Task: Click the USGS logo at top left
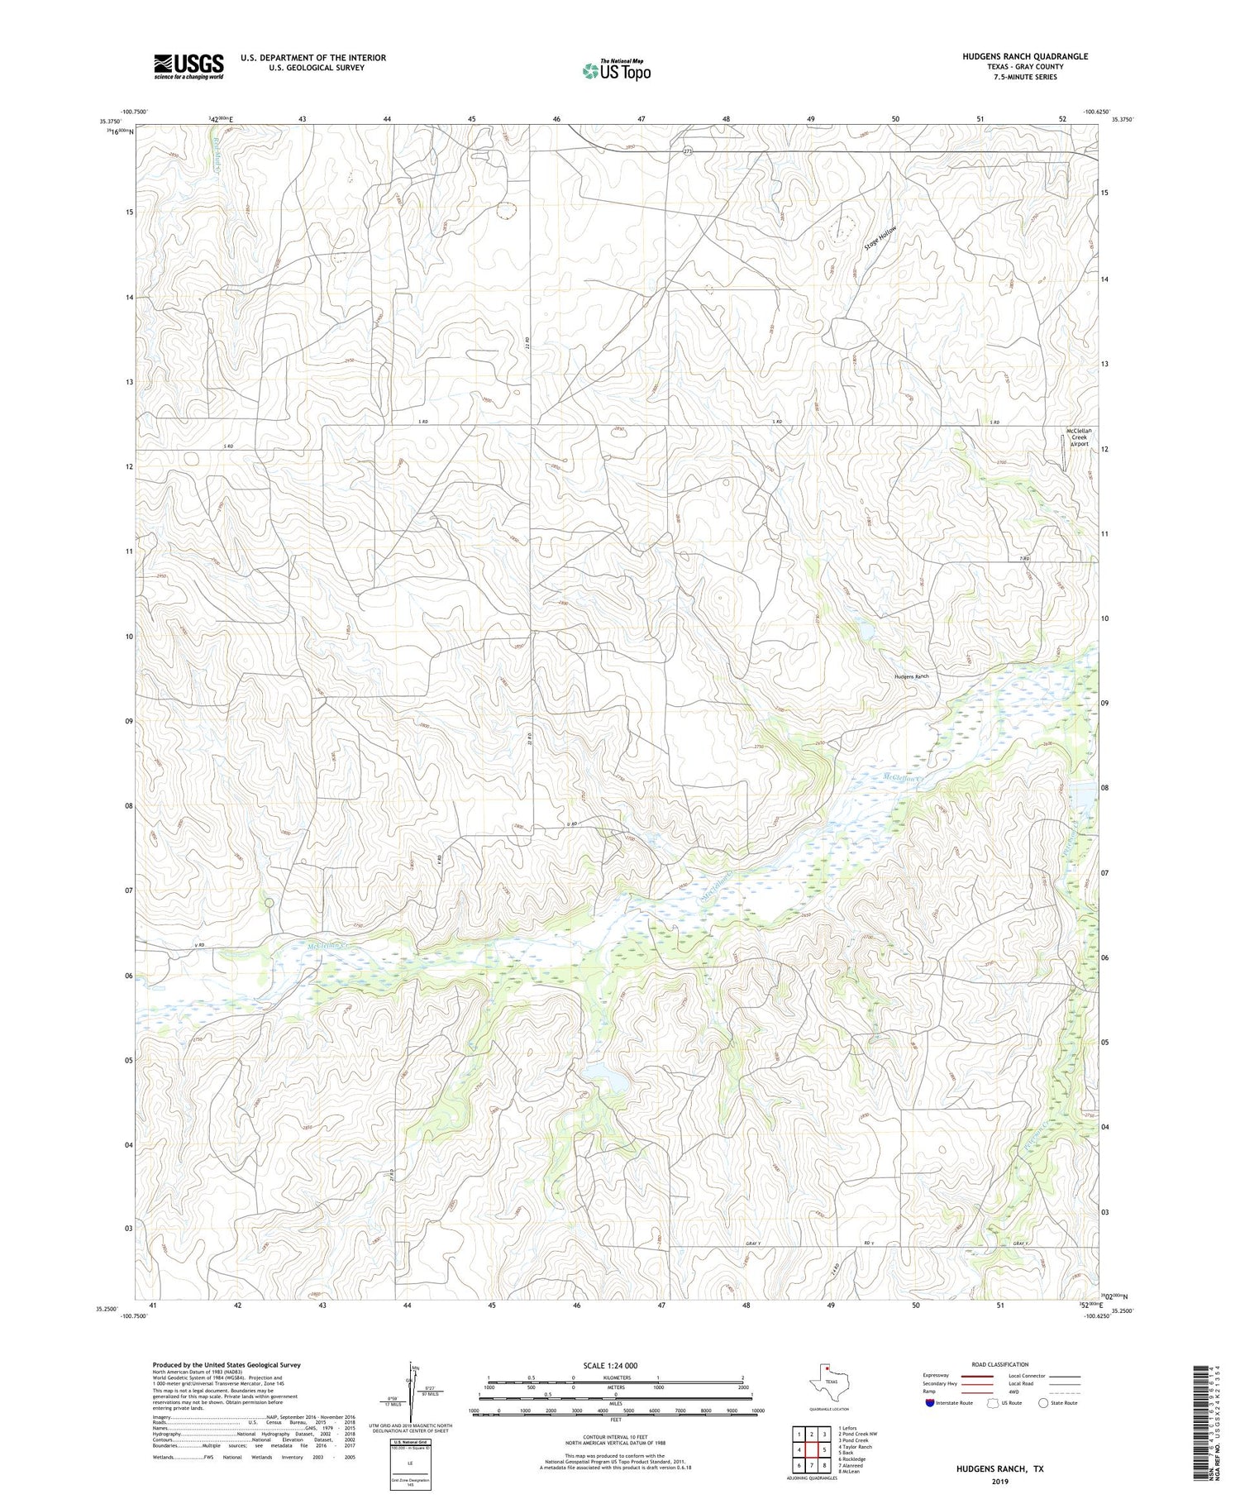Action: [x=188, y=66]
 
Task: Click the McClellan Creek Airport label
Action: [x=1079, y=437]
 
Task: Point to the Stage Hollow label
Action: [x=880, y=239]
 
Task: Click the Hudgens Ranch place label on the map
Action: [x=911, y=676]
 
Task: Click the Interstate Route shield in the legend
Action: [x=930, y=1402]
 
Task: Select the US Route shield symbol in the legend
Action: [x=993, y=1402]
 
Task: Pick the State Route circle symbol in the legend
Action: [x=1044, y=1402]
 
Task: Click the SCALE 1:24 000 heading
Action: [x=615, y=1365]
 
